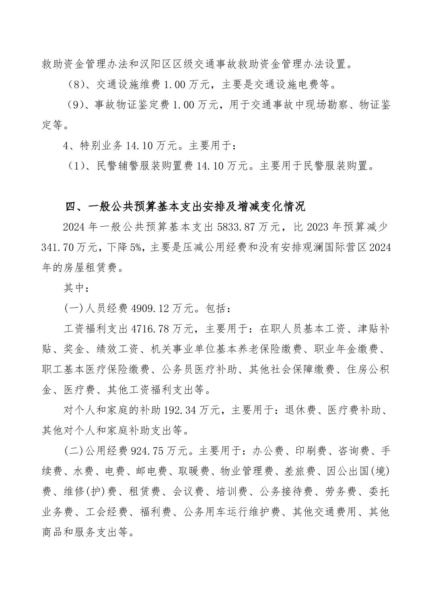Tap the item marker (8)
click(x=75, y=85)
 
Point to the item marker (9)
click(x=75, y=105)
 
